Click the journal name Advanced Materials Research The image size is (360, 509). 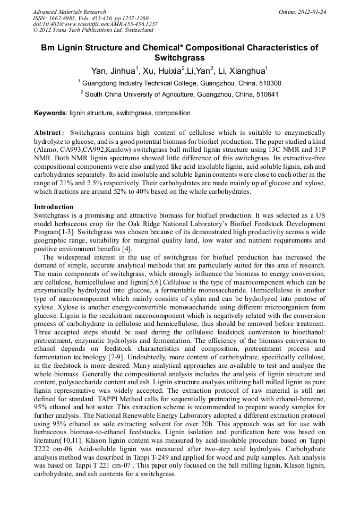pyautogui.click(x=69, y=12)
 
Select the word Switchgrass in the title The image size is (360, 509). pyautogui.click(x=179, y=57)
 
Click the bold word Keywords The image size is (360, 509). pyautogui.click(x=50, y=113)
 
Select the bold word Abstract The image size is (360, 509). pyautogui.click(x=49, y=132)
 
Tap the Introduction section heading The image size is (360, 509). pyautogui.click(x=54, y=206)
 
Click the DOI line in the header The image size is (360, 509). pyautogui.click(x=95, y=24)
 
